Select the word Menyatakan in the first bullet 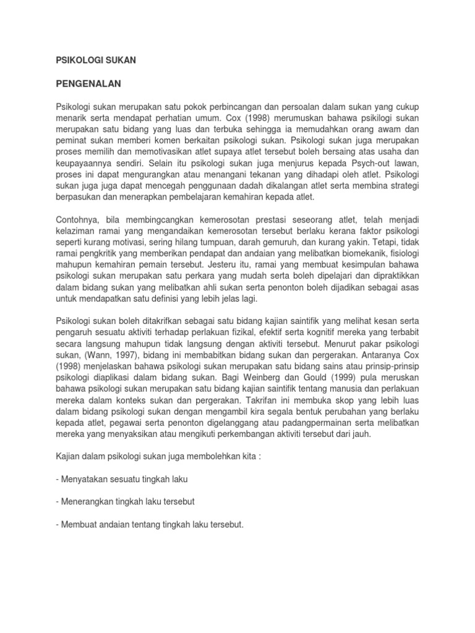(85, 479)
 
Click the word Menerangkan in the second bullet (87, 501)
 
